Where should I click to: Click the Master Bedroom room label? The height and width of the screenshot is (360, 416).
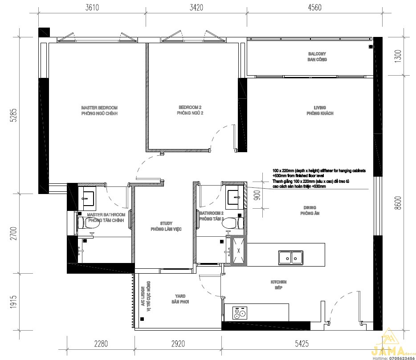pyautogui.click(x=99, y=111)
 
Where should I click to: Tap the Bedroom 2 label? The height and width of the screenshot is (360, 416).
pyautogui.click(x=190, y=110)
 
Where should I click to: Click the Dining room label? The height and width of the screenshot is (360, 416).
pyautogui.click(x=310, y=210)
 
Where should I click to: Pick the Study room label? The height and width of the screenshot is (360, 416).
pyautogui.click(x=166, y=226)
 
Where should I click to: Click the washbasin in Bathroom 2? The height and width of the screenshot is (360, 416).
pyautogui.click(x=234, y=197)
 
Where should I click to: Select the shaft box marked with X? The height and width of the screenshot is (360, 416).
pyautogui.click(x=238, y=251)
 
